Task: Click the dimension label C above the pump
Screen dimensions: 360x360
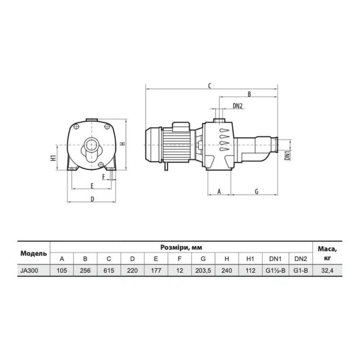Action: tap(210, 86)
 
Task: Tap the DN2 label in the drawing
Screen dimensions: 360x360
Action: tap(238, 106)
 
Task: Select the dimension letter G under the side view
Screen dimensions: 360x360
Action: tap(257, 191)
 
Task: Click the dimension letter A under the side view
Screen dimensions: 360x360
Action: tap(219, 191)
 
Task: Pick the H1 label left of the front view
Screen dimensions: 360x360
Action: tap(53, 158)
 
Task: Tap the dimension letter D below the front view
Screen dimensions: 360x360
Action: tap(92, 199)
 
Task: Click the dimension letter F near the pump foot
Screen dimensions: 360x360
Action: tap(104, 176)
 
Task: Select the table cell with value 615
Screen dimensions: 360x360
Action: tap(109, 270)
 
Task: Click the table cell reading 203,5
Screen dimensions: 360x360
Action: tap(203, 270)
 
